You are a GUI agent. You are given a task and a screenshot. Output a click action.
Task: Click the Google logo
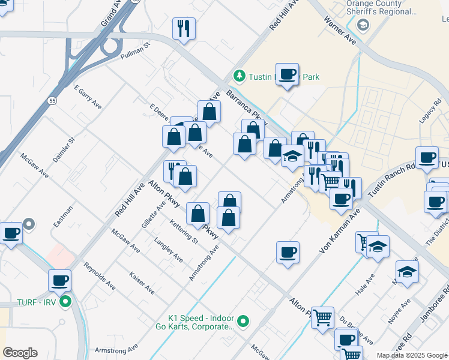coord(20,353)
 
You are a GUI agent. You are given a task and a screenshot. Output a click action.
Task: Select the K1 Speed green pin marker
coord(243,322)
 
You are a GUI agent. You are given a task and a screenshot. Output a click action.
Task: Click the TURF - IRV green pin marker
coord(66,302)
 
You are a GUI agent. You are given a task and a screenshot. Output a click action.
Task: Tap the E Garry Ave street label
coord(88,97)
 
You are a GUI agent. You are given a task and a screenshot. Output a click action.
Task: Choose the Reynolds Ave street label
coord(100,275)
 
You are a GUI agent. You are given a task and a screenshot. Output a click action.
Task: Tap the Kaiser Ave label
coord(142,283)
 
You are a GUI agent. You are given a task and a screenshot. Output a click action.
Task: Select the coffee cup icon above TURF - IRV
coord(60,280)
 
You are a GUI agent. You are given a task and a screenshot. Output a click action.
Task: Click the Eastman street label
coord(62,217)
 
